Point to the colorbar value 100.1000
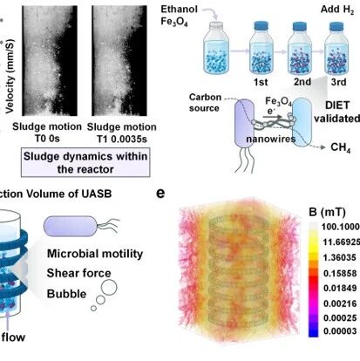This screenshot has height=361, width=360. click(341, 227)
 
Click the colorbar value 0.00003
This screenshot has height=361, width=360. click(340, 331)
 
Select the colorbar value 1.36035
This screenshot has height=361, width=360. click(339, 257)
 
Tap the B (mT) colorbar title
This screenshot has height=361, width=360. click(327, 212)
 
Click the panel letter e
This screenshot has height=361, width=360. click(160, 194)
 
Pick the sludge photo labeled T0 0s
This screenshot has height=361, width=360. click(50, 61)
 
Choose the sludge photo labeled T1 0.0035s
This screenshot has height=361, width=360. click(119, 61)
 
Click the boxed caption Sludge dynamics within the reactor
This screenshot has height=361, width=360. click(85, 163)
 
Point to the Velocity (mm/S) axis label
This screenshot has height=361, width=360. click(10, 76)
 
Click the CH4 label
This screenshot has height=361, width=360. click(341, 147)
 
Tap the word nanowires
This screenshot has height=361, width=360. click(270, 139)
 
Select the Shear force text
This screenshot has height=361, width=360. click(79, 273)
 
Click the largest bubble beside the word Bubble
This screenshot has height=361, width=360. click(109, 287)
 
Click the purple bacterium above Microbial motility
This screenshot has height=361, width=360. click(70, 226)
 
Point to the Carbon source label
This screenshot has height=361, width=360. click(205, 103)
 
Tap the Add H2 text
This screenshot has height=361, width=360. click(337, 10)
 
